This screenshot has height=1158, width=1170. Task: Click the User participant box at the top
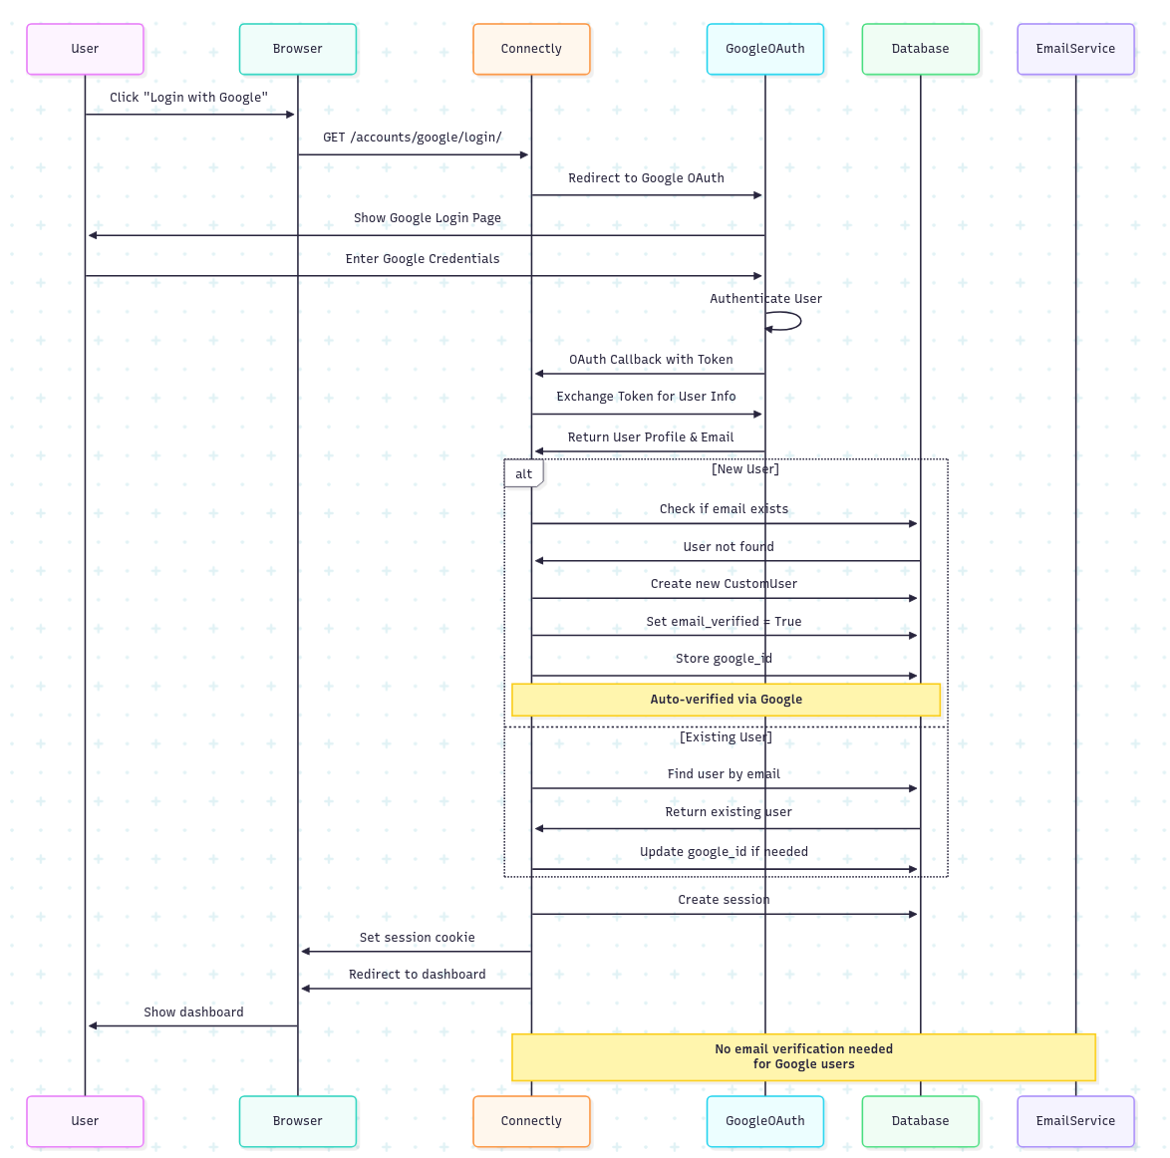(85, 49)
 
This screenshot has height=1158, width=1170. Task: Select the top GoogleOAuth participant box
(764, 49)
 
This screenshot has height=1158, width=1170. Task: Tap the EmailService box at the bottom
(1075, 1121)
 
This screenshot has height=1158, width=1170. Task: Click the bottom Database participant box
(920, 1121)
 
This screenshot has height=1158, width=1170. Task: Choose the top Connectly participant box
(531, 49)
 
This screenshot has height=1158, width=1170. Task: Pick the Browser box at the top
(297, 49)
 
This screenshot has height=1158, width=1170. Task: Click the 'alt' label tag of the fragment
(523, 473)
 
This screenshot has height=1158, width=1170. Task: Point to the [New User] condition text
(745, 469)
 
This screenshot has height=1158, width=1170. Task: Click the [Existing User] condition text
(726, 737)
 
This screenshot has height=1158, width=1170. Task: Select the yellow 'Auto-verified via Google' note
(726, 700)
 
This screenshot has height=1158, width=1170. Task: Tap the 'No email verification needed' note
(803, 1056)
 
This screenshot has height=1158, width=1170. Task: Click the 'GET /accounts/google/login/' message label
(412, 138)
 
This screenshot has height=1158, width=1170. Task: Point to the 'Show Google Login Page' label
(427, 218)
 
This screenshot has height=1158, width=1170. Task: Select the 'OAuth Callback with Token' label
(651, 360)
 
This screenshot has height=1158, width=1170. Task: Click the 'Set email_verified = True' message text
(724, 622)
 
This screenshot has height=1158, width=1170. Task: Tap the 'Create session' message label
(724, 900)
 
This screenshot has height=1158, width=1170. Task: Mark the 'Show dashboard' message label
(193, 1013)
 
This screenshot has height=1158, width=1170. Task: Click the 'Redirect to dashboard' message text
(417, 975)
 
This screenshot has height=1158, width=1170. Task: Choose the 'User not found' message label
(729, 547)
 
